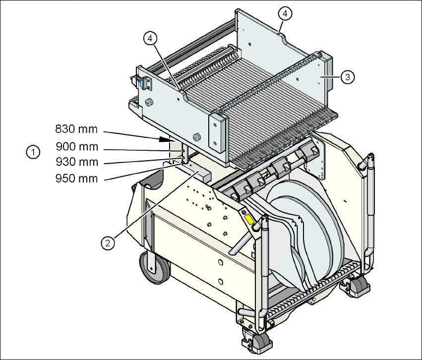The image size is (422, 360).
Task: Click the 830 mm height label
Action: pos(76,130)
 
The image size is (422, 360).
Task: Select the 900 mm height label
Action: pos(76,147)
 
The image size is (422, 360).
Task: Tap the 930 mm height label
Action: pos(76,162)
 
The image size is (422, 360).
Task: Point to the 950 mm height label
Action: pos(76,178)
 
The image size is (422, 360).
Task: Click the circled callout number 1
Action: pos(33,152)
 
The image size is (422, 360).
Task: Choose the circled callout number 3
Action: pos(348,76)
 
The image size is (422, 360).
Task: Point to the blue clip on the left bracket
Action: pos(146,83)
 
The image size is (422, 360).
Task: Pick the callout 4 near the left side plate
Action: pos(150,38)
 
